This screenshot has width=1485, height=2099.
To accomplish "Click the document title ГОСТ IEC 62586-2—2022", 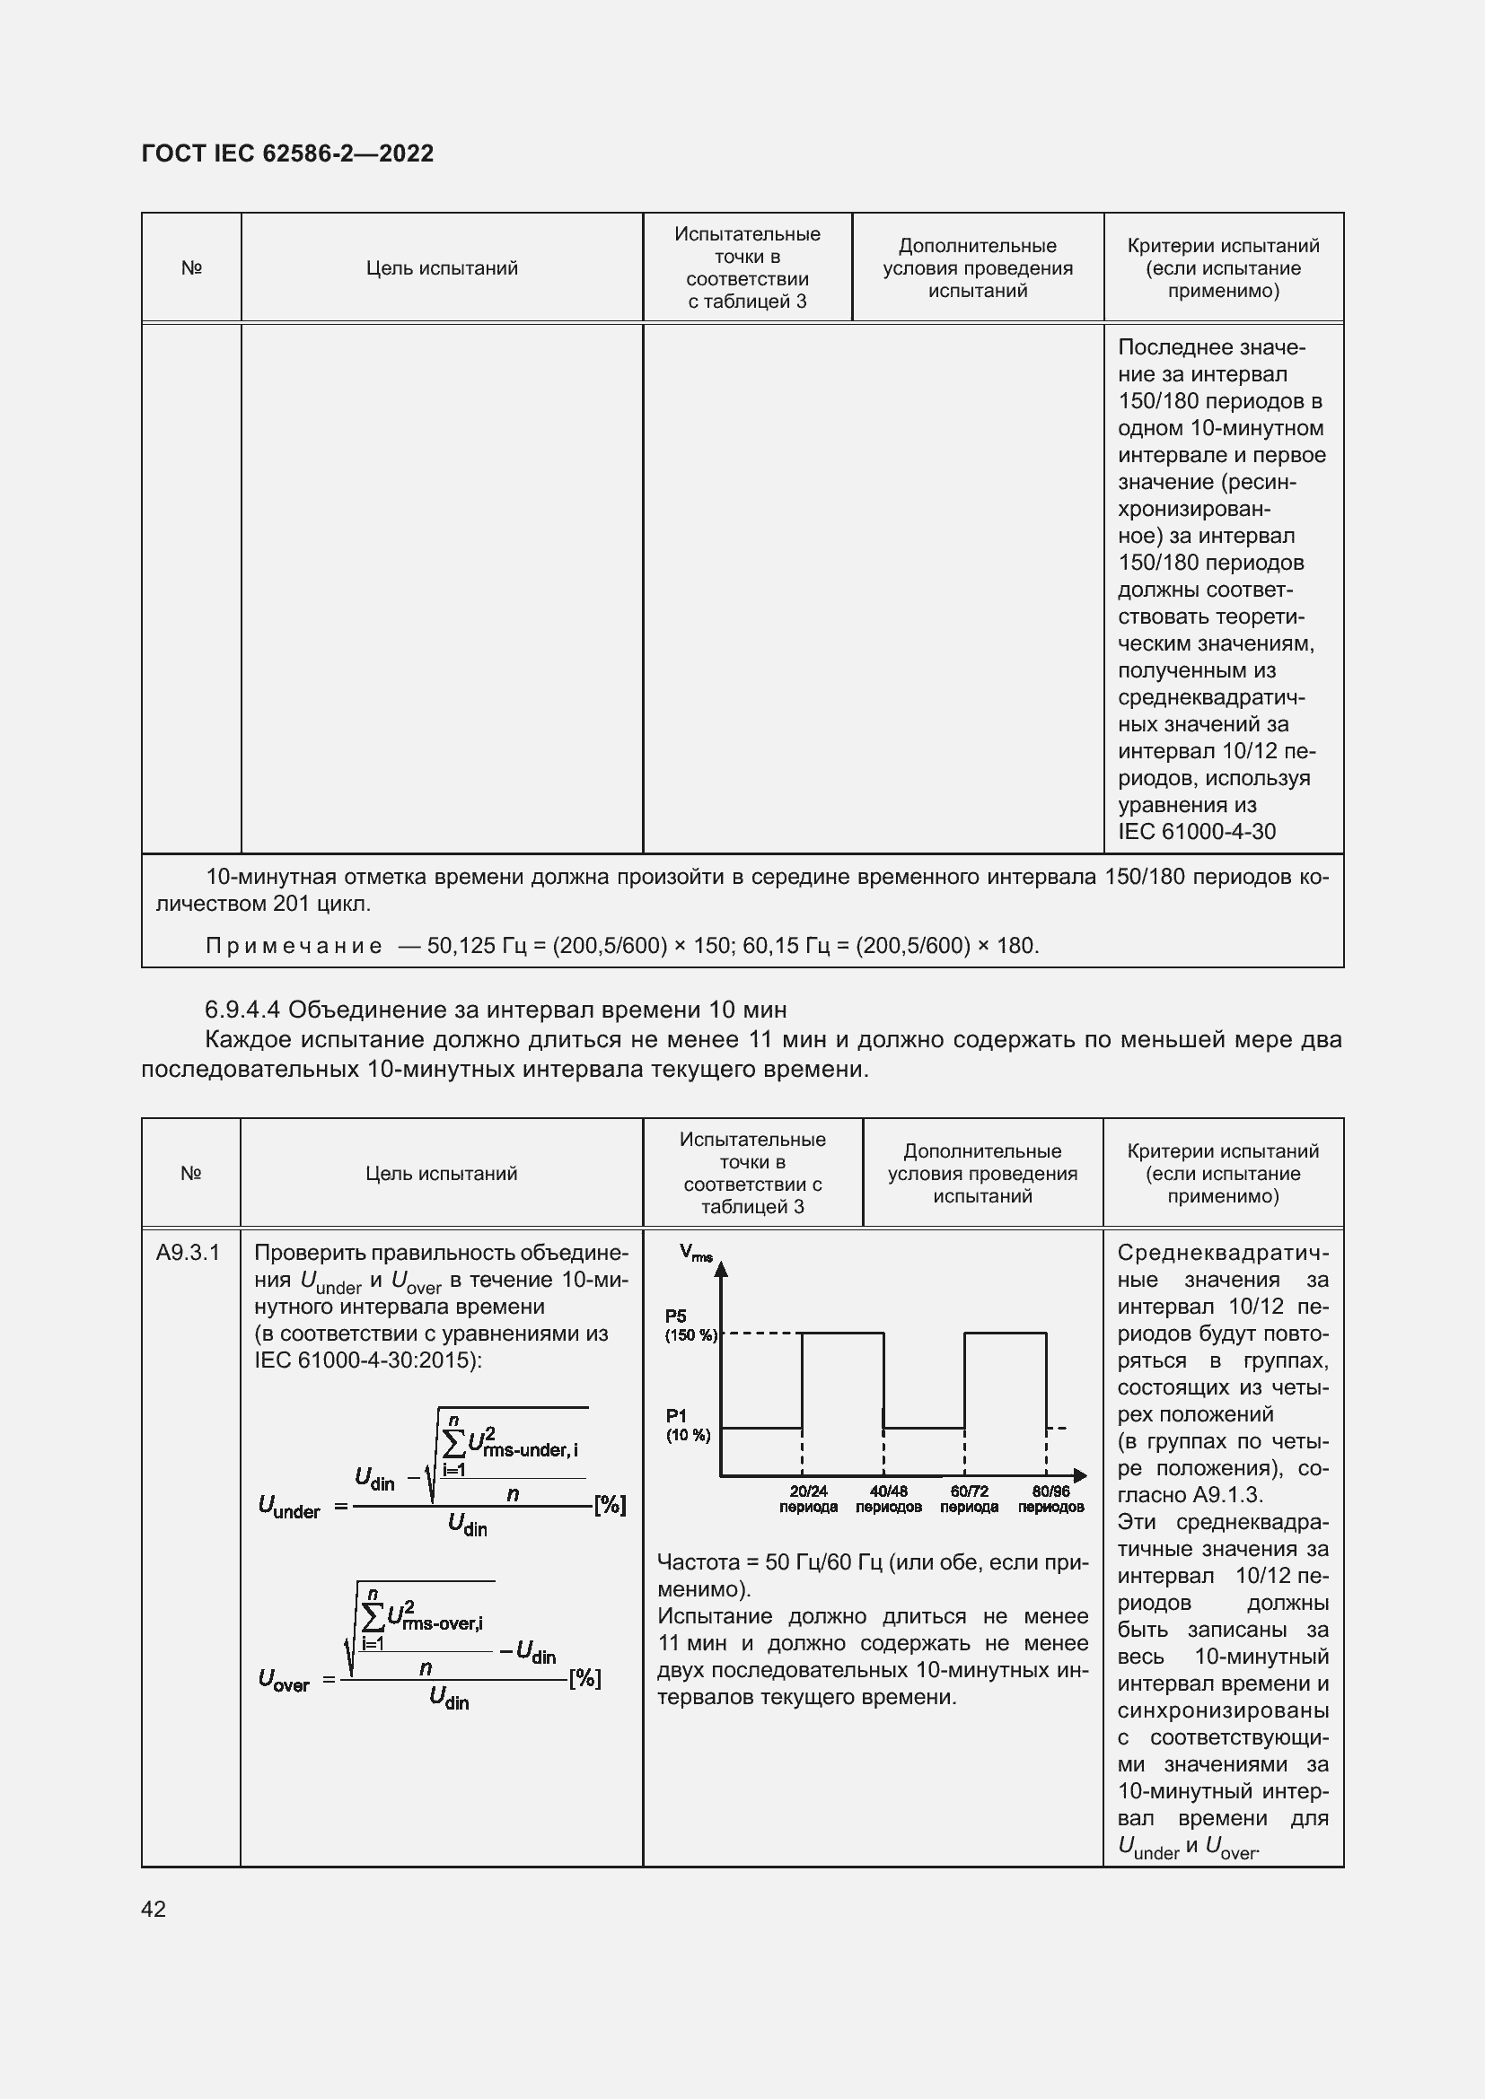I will click(287, 153).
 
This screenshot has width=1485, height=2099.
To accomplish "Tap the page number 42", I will click(154, 1908).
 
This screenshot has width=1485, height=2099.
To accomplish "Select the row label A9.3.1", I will click(188, 1253).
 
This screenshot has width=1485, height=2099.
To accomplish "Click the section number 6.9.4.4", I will click(242, 1010).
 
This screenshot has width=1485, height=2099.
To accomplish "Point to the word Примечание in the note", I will click(294, 945).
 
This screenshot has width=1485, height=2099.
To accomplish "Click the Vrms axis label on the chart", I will click(695, 1254).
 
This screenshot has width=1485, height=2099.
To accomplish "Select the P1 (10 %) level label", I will click(688, 1426).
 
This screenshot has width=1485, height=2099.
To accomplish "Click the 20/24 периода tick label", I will click(808, 1500).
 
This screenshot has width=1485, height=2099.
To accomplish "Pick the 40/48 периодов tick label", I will click(889, 1500).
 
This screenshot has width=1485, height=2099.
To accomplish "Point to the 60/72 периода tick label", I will click(970, 1500).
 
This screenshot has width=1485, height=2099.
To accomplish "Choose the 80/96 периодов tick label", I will click(1050, 1500).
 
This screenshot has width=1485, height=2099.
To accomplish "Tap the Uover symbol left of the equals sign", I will click(284, 1679).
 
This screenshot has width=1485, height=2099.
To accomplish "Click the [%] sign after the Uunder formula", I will click(610, 1505).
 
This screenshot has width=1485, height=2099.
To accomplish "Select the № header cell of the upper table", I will click(191, 267).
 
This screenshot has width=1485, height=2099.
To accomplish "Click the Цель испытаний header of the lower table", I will click(441, 1173).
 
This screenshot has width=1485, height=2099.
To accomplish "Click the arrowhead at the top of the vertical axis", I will click(721, 1269).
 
